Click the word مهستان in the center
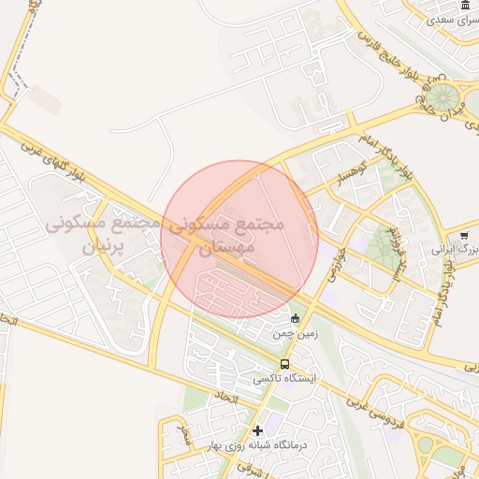[x=222, y=248]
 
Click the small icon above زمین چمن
[x=296, y=318]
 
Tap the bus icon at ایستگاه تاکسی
[x=283, y=364]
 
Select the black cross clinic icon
[x=258, y=430]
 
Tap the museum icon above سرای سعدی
[x=466, y=6]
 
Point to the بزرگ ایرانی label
[x=455, y=250]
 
